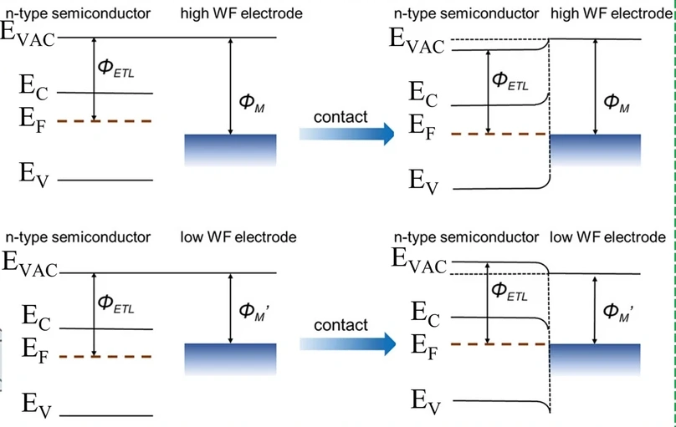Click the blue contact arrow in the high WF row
click(x=347, y=134)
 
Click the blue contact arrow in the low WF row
click(x=347, y=341)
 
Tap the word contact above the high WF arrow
click(x=341, y=116)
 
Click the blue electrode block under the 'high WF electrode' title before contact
click(x=230, y=148)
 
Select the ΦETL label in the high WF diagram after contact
click(x=511, y=80)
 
